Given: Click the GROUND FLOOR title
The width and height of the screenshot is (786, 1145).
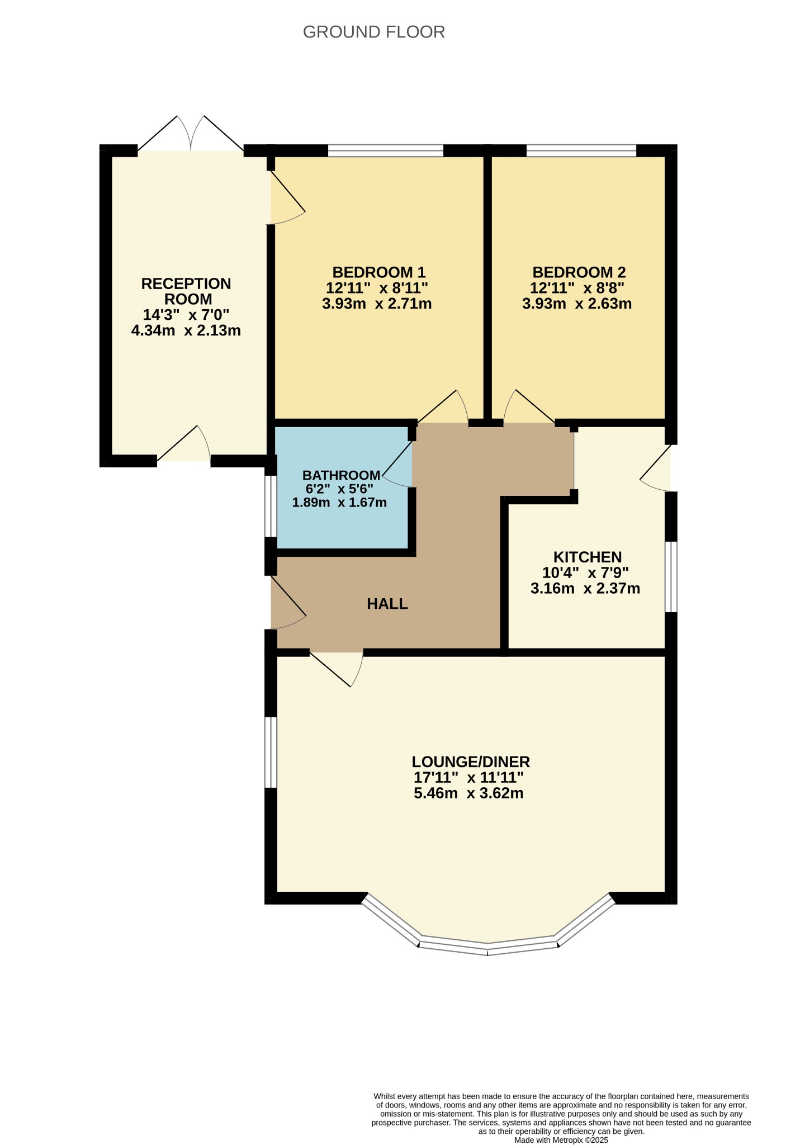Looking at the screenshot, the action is tap(373, 32).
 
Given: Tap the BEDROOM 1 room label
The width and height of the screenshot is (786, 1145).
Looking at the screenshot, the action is tap(379, 272).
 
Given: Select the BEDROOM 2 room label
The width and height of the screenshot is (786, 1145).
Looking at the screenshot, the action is tap(579, 272).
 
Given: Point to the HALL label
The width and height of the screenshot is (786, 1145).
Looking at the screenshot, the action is tap(387, 604).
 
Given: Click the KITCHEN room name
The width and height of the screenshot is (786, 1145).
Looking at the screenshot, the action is tap(588, 557).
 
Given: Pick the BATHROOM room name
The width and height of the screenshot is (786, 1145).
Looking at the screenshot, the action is tap(341, 475).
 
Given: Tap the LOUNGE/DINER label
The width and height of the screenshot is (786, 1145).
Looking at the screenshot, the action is tap(471, 761).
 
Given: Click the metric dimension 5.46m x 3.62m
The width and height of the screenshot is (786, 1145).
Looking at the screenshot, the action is tap(468, 793).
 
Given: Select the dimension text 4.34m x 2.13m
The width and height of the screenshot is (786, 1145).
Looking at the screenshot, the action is tap(186, 330).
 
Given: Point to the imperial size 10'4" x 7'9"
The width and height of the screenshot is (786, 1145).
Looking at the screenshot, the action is tap(585, 572).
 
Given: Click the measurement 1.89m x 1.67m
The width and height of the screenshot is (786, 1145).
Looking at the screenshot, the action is tap(339, 502).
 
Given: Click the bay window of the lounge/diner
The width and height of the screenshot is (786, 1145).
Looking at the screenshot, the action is tap(488, 926).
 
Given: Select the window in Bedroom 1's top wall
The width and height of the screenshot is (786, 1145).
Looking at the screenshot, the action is tap(386, 150).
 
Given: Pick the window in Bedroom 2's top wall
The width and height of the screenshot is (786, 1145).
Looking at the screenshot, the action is tap(581, 150).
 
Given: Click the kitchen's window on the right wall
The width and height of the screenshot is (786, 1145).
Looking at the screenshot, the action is tap(671, 576).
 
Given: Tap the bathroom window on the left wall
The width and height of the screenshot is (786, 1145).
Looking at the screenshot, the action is tap(271, 506).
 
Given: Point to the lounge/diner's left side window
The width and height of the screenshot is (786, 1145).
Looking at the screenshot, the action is tap(271, 752).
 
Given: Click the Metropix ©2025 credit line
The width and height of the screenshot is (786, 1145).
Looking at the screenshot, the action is tap(561, 1140).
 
